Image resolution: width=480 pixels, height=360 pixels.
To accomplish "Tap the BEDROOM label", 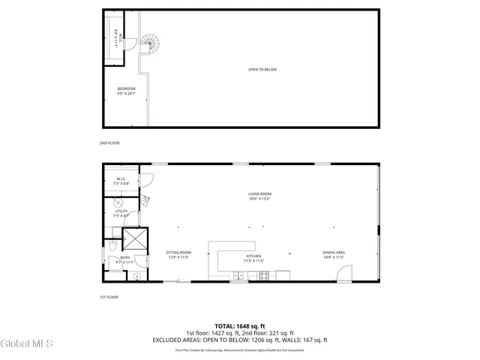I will (126, 91).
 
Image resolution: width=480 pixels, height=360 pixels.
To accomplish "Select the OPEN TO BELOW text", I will (262, 70).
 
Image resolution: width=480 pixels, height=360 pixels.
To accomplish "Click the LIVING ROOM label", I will (259, 196).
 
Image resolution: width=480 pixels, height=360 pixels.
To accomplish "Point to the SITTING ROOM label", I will (178, 255).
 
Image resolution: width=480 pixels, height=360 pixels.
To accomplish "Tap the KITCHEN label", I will (253, 259).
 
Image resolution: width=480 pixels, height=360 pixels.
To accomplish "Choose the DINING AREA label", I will (334, 255).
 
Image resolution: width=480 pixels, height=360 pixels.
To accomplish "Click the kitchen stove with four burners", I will (265, 275).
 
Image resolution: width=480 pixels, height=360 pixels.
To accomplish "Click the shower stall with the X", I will (135, 239).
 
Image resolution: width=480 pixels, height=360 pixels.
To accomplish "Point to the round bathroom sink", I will (136, 275).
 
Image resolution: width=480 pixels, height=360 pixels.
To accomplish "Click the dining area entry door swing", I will (343, 275).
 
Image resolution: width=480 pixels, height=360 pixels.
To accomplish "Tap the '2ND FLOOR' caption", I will (109, 142).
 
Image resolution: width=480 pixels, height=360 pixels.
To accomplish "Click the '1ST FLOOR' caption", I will (109, 298).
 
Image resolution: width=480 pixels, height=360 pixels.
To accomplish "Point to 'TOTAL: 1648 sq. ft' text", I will (240, 325).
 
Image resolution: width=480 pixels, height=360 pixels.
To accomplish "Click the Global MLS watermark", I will (27, 344).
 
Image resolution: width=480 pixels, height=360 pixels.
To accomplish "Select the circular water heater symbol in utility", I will (117, 202).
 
